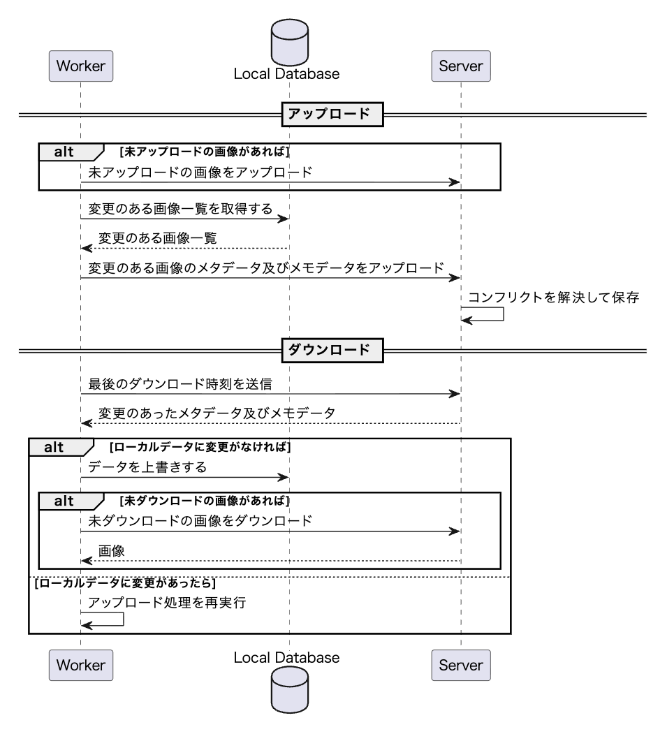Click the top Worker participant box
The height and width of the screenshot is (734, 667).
tap(80, 66)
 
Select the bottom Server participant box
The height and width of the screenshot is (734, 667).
tap(461, 665)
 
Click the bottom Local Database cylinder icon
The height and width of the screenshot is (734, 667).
tap(289, 689)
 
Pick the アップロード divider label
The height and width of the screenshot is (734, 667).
tap(332, 115)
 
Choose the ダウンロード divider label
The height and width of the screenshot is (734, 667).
tap(332, 350)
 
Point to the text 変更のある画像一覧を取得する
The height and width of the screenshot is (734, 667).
tap(180, 209)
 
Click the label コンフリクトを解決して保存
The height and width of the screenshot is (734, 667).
tap(554, 297)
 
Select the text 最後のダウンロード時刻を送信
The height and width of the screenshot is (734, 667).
tap(185, 385)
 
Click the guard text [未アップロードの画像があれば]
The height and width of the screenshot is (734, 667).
tap(205, 151)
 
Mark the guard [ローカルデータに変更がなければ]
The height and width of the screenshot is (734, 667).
tap(200, 446)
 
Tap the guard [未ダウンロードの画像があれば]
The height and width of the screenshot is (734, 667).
tap(205, 500)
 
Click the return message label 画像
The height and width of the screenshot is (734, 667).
tap(112, 551)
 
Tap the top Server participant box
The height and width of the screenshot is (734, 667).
tap(461, 66)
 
